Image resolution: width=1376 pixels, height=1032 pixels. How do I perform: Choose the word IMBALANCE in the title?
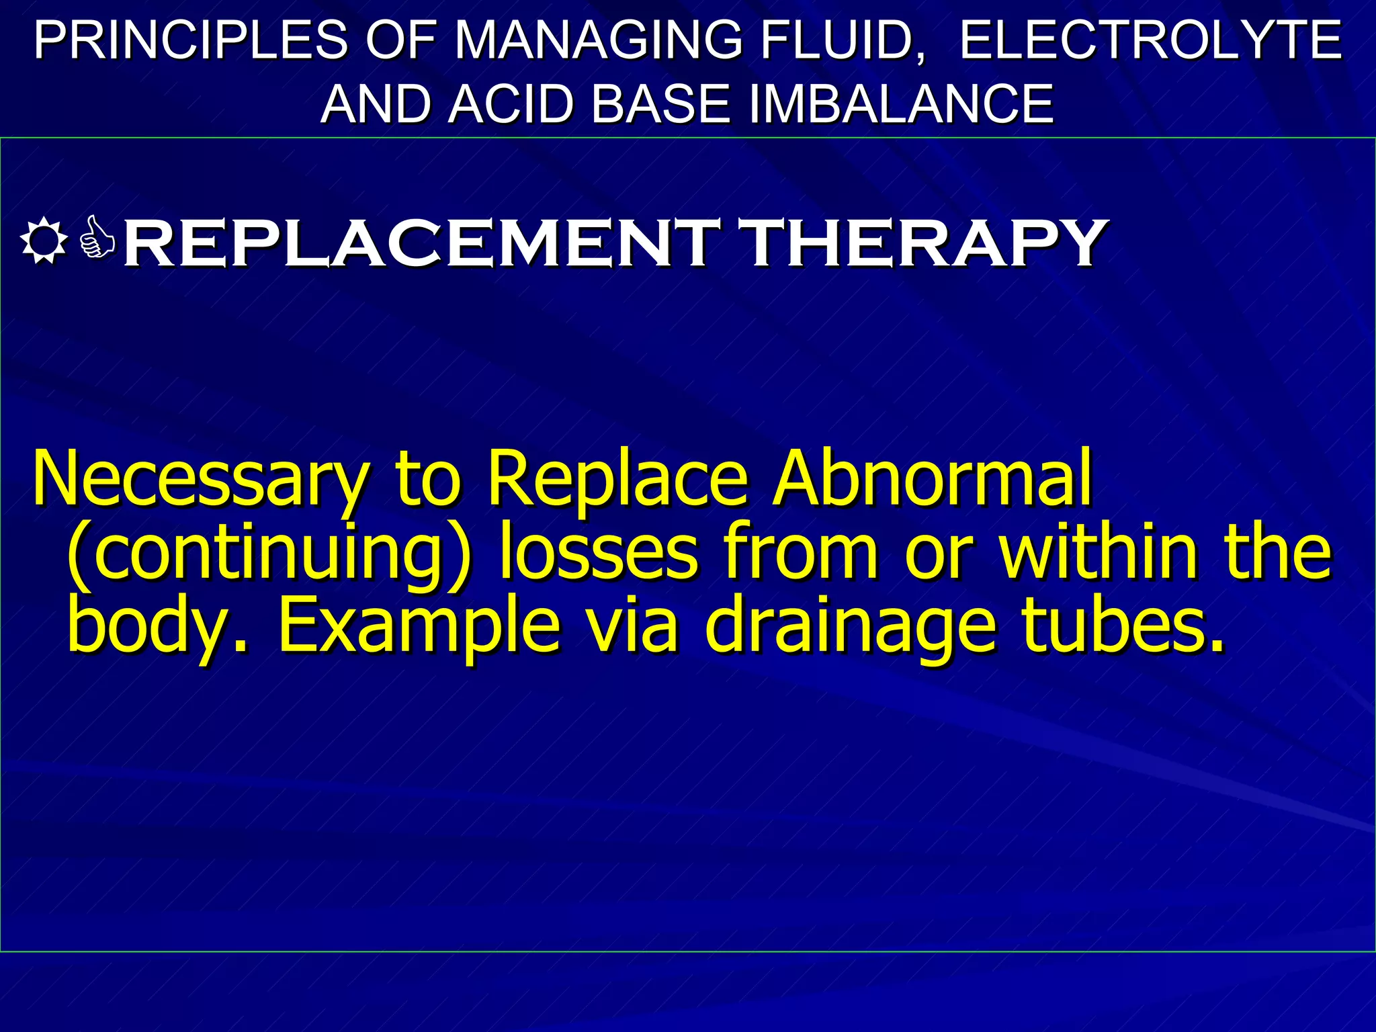tap(900, 104)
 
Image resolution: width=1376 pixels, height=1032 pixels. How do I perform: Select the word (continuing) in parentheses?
tap(269, 554)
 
